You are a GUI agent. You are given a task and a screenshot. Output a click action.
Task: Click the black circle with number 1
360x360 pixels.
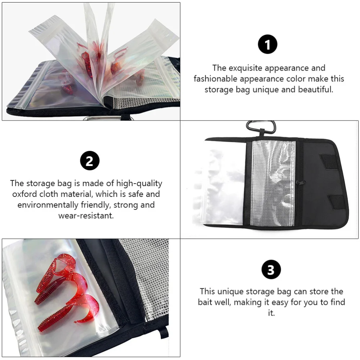[267, 45]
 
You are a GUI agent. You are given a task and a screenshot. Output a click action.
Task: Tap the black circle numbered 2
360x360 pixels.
[89, 161]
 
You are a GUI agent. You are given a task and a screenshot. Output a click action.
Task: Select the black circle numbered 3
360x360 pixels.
[271, 270]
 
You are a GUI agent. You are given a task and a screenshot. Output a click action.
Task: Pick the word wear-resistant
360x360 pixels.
[86, 216]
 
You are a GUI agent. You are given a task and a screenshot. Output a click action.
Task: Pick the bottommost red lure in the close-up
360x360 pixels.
[61, 317]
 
